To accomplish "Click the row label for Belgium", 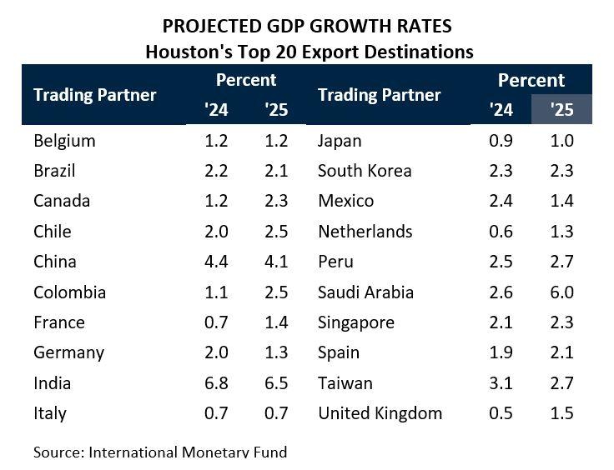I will [64, 141].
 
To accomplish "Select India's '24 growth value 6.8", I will [216, 383].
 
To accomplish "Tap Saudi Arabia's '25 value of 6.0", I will [561, 292].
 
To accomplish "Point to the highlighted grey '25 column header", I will [561, 109].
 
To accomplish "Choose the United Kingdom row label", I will [380, 413].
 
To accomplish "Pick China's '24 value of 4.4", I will [216, 262].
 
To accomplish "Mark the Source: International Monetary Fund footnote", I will [160, 452].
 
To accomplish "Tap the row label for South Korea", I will [365, 171].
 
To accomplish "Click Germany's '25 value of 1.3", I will [276, 352].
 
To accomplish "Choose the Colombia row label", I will [69, 292].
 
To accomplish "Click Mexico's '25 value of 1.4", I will [561, 201].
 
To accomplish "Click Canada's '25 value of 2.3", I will [276, 201].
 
